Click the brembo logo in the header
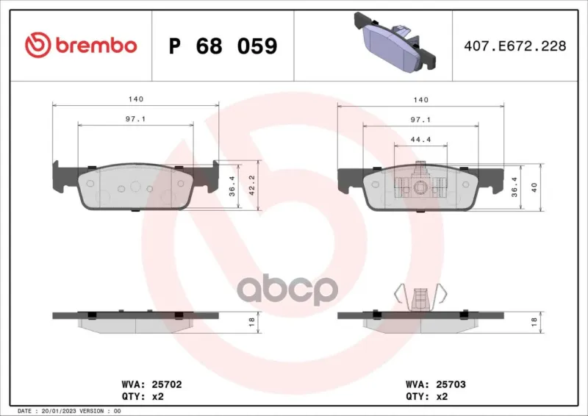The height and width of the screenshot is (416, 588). (81, 45)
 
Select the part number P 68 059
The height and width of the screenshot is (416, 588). (223, 46)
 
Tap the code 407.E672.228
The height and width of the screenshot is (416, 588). (515, 46)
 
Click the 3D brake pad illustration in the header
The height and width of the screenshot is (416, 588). (395, 42)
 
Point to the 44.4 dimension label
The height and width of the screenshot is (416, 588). (420, 140)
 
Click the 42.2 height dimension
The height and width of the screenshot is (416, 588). (252, 185)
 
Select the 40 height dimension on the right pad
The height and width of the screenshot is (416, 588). (534, 187)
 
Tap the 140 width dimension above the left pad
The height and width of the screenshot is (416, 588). (136, 99)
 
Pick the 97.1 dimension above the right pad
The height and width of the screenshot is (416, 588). (420, 120)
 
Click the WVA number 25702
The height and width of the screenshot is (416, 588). (167, 384)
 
